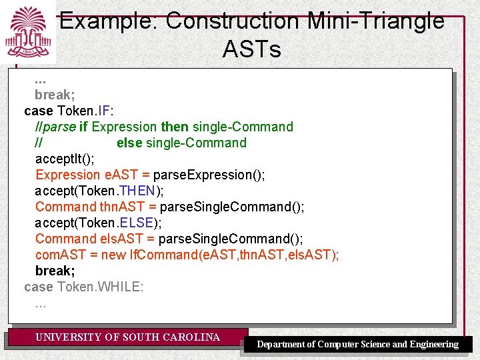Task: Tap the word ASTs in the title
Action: (x=252, y=49)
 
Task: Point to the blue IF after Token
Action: (x=104, y=111)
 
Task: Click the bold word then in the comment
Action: (x=175, y=127)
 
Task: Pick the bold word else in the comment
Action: (x=129, y=143)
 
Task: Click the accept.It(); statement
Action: (x=65, y=159)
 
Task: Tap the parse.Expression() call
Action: (x=209, y=175)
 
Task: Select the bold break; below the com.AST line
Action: (x=55, y=271)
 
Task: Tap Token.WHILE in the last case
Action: (x=100, y=287)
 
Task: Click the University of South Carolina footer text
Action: (x=127, y=337)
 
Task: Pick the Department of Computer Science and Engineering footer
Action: (x=358, y=345)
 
